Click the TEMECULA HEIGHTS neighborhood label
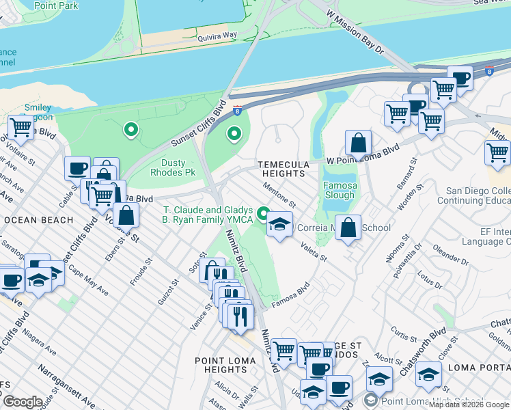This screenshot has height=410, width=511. [x=281, y=169]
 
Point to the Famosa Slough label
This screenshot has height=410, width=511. [x=340, y=190]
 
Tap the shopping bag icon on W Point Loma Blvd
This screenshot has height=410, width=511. [x=358, y=143]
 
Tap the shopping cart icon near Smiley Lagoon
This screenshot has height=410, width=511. [x=20, y=127]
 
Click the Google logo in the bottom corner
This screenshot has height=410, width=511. [x=22, y=402]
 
